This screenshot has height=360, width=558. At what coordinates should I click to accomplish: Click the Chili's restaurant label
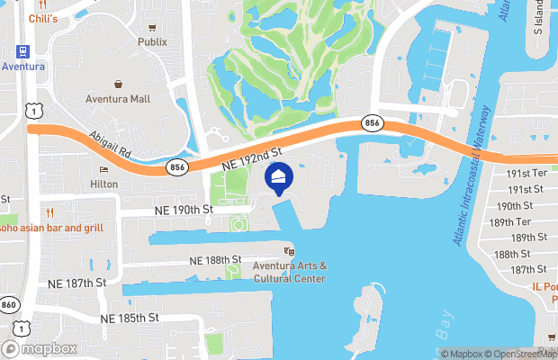pos(42,18)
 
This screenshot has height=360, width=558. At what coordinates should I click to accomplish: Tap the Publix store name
pos(152,41)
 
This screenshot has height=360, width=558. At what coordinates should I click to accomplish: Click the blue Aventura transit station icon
pos(20,51)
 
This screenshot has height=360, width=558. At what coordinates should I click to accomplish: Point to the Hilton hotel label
pos(103,184)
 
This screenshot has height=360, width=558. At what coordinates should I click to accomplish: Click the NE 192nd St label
pos(254,157)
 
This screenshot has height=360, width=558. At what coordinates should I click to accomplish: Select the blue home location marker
pos(279,180)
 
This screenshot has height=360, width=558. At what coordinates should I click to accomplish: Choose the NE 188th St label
pos(215,259)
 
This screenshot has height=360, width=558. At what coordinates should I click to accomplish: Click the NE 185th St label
pos(130,318)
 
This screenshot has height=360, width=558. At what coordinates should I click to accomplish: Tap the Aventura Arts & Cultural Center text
pos(290,272)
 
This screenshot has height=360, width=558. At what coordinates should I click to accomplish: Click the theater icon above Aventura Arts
pos(290,252)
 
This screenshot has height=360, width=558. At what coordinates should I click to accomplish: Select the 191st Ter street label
pos(527,173)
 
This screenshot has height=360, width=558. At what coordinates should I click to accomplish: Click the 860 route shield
pos(7,304)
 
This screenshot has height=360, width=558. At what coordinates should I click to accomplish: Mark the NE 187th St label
pos(74,282)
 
